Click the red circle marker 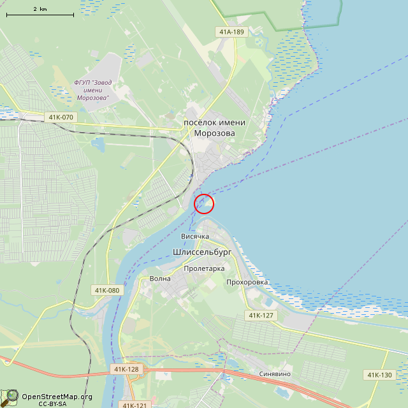(x=203, y=203)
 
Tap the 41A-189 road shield (x=231, y=31)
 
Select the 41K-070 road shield (x=61, y=117)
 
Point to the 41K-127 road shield (x=261, y=316)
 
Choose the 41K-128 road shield (x=126, y=369)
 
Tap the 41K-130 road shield (x=379, y=374)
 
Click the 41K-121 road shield (x=135, y=405)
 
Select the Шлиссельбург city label (x=202, y=252)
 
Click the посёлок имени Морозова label (x=209, y=127)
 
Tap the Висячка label (x=195, y=237)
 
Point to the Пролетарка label (x=204, y=268)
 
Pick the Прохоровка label (x=247, y=282)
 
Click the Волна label (x=160, y=279)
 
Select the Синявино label (x=275, y=374)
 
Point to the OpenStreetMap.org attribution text (x=57, y=397)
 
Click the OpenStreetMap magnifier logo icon (x=10, y=397)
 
